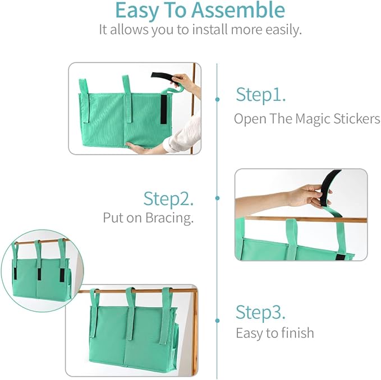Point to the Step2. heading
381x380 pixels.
point(169,198)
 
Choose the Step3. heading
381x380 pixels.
point(261,312)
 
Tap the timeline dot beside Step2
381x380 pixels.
point(218,198)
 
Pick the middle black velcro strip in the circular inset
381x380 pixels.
point(39,273)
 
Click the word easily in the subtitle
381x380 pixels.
point(282,30)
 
